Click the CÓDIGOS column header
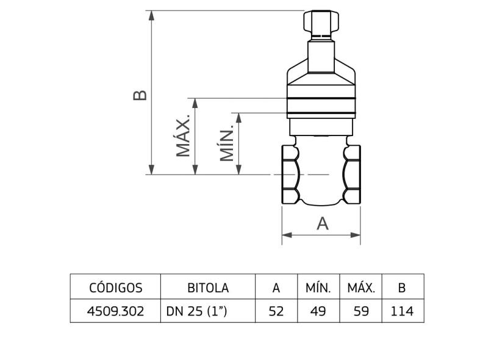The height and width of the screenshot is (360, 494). pos(115,287)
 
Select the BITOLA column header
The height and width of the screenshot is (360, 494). pos(207,287)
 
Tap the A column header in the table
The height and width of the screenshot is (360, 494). pos(276,287)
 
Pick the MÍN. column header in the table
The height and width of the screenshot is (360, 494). pos(318,287)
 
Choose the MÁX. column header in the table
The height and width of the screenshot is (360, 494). pos(360,287)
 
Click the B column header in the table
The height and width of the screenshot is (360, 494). pos(402,287)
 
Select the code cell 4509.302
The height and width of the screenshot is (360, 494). pos(115,311)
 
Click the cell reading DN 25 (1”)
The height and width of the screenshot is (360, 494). pos(196,311)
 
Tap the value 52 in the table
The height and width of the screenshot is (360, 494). pos(276,311)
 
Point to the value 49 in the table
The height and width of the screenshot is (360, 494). pos(318,311)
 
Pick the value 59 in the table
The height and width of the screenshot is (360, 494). pos(360,311)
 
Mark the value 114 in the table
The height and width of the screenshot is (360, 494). pos(402,311)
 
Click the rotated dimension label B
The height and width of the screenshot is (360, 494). pos(140,95)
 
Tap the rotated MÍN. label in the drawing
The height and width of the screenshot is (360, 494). pos(227,144)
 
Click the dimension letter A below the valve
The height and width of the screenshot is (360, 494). pos(322,224)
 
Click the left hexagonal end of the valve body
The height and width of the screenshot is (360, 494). pos(290,175)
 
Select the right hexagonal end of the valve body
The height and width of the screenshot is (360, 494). pos(352,175)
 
